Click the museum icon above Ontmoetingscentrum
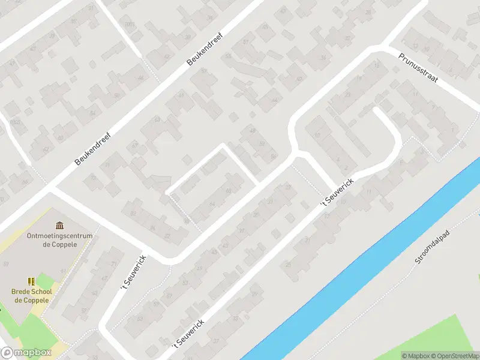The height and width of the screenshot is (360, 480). pyautogui.click(x=59, y=225)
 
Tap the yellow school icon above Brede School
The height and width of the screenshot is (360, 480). pyautogui.click(x=31, y=281)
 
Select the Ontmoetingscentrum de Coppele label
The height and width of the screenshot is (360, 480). pyautogui.click(x=59, y=239)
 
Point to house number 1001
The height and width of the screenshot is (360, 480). pyautogui.click(x=130, y=24)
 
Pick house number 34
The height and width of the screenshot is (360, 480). pyautogui.click(x=324, y=58)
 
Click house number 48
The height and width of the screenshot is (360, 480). pyautogui.click(x=253, y=131)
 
